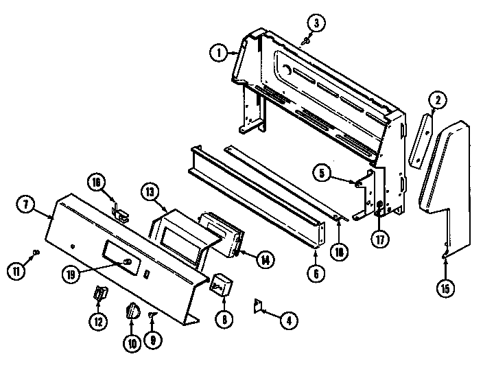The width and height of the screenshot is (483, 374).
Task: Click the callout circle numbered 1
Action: click(219, 54)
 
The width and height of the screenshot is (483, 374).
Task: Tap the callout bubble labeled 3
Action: click(316, 23)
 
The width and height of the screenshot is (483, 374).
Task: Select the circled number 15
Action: click(446, 288)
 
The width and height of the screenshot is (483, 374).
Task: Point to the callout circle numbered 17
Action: click(380, 239)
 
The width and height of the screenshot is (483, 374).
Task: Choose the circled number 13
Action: click(150, 192)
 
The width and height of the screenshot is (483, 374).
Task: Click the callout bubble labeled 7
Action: click(25, 204)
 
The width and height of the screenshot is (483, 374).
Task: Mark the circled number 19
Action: click(71, 274)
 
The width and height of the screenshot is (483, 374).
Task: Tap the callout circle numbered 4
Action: click(289, 320)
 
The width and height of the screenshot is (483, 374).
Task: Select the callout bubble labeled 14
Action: click(266, 260)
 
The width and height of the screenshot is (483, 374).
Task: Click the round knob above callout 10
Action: click(132, 311)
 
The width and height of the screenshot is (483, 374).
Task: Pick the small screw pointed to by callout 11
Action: click(36, 253)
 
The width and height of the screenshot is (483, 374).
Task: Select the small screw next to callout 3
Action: click(306, 40)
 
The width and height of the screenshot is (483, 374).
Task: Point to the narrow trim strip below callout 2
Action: click(421, 141)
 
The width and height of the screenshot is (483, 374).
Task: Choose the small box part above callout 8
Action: click(221, 284)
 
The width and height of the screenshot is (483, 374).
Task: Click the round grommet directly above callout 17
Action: click(379, 204)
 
